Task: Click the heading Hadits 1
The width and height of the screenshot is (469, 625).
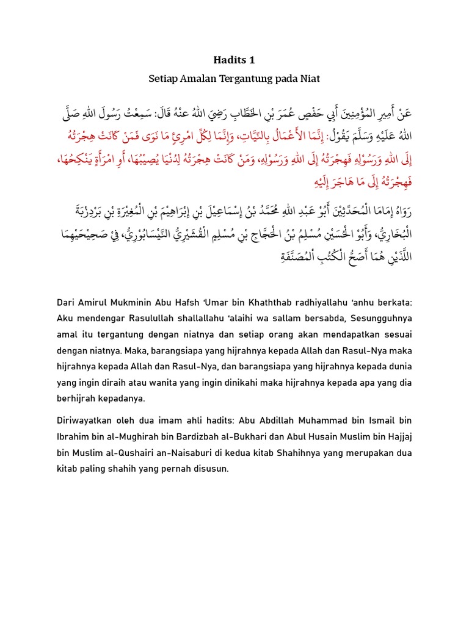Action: (234, 60)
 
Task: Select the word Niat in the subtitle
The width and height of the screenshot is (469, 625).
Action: (309, 79)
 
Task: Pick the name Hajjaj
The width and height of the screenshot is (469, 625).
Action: (398, 437)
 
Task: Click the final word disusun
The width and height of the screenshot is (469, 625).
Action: (210, 469)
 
